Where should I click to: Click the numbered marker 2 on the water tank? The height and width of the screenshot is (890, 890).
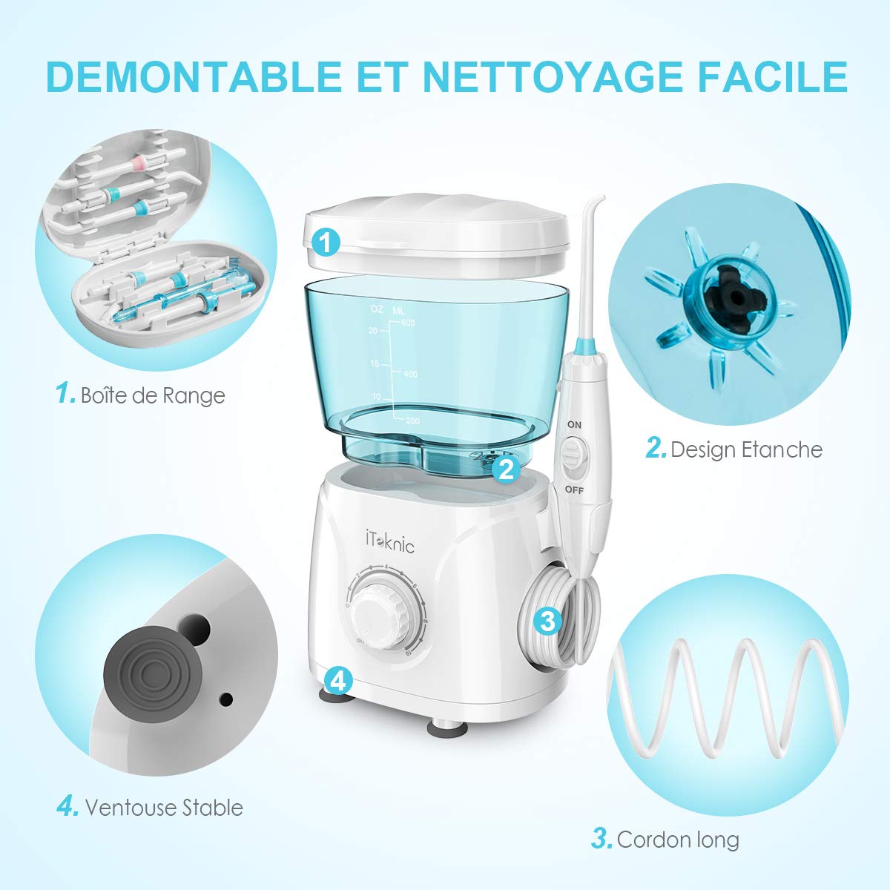coord(507,468)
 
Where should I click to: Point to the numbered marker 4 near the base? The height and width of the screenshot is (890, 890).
coord(337,679)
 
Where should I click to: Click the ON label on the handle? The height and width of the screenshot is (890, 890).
coord(574,424)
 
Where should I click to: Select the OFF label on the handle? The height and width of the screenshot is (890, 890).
coord(574,489)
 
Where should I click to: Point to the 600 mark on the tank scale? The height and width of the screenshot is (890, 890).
coord(407,323)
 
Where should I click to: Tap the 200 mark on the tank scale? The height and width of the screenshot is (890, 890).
coord(412,421)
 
